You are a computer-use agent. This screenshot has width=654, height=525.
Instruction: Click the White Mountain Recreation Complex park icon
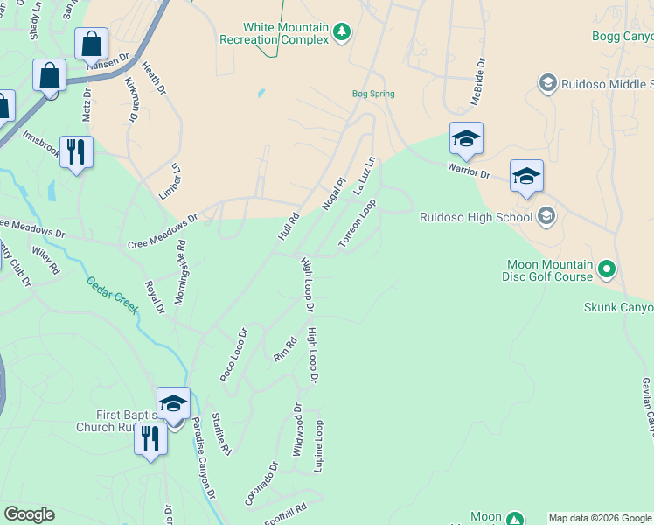pos(343,33)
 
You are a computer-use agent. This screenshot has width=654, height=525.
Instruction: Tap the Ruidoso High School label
pos(476,217)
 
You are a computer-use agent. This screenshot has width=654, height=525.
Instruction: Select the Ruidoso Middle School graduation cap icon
pos(548,83)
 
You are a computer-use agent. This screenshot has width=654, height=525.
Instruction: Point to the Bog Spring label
pos(373,94)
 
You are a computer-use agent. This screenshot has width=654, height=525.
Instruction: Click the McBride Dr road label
pos(477,81)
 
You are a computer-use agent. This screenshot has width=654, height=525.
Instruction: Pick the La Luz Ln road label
pos(364,175)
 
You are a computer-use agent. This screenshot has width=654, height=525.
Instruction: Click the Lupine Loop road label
pos(319,446)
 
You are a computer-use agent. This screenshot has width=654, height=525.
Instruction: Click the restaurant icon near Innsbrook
pos(77,153)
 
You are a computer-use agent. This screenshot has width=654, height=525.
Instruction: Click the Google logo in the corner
pos(29,514)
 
